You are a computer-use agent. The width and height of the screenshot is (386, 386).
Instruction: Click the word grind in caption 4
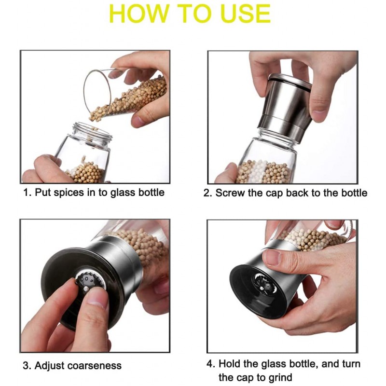tap(280, 377)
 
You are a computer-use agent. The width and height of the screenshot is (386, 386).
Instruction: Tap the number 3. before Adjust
tap(27, 366)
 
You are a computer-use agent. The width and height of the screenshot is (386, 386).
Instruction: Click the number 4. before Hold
tap(211, 364)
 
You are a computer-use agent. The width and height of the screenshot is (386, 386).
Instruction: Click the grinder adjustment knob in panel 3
tap(89, 281)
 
